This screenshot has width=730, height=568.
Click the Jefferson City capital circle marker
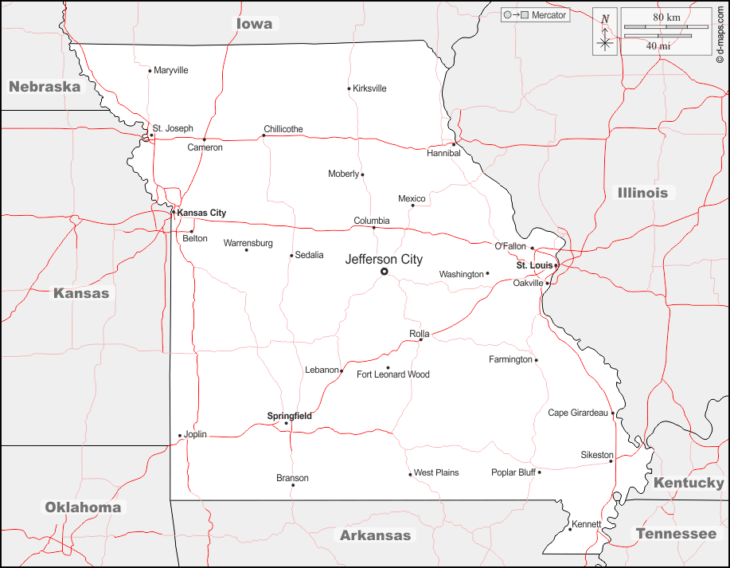(384, 272)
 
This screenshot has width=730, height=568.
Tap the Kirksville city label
(369, 88)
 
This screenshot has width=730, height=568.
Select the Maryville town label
(170, 70)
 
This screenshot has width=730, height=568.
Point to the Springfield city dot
(287, 423)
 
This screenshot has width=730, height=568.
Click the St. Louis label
(534, 265)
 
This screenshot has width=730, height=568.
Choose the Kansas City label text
(201, 213)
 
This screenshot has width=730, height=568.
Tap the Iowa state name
(255, 24)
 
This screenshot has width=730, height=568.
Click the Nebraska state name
(45, 86)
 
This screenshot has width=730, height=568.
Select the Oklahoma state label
(83, 507)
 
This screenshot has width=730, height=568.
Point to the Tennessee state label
(676, 533)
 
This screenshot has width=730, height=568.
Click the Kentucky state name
(689, 483)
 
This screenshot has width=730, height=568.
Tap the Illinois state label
(642, 192)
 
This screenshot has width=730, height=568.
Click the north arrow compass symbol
(605, 32)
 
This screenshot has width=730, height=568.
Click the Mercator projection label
(548, 15)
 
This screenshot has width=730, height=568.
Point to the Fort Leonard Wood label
(392, 374)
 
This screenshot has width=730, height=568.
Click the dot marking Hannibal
(455, 144)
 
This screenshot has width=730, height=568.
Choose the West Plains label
(436, 472)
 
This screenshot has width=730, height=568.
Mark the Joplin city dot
(180, 436)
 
